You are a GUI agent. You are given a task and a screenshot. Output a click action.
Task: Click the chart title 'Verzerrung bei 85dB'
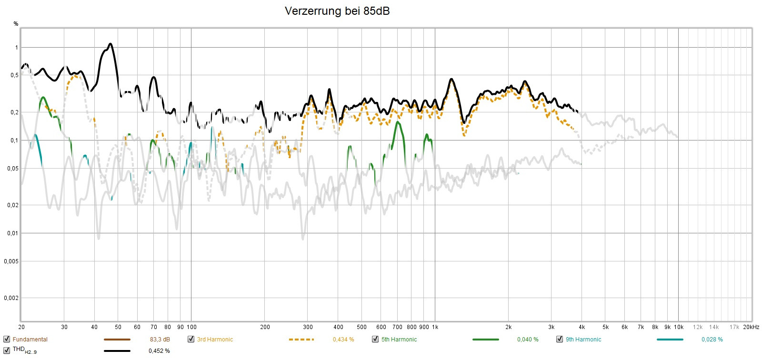337,11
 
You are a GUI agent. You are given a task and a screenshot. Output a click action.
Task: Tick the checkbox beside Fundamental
7,339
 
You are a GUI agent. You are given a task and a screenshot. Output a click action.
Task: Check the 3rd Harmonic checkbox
191,339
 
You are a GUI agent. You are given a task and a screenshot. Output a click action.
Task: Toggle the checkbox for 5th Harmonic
375,339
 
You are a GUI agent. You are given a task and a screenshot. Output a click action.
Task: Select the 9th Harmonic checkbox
560,339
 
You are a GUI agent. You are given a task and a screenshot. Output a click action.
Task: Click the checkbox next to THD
7,350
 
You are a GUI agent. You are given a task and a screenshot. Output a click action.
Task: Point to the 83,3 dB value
160,340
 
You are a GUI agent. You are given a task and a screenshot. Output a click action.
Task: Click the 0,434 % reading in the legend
343,340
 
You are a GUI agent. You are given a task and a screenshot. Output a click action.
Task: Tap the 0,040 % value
528,340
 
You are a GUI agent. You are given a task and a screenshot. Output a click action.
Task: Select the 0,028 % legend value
712,340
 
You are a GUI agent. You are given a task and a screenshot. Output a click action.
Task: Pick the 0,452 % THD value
159,351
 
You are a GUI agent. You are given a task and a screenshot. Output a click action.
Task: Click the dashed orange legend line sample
301,340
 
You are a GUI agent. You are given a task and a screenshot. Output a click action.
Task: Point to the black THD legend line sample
117,351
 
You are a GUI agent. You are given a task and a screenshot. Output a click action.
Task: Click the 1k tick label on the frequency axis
435,327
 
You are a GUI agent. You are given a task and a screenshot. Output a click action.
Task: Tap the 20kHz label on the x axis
751,327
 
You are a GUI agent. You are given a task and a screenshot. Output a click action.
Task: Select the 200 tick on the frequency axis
265,327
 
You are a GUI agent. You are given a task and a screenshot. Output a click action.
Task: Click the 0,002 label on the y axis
11,298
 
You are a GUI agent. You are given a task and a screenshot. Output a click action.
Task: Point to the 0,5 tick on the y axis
15,75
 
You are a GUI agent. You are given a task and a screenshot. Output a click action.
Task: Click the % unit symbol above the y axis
16,24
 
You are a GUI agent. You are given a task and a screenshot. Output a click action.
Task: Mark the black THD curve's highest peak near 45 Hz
110,44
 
